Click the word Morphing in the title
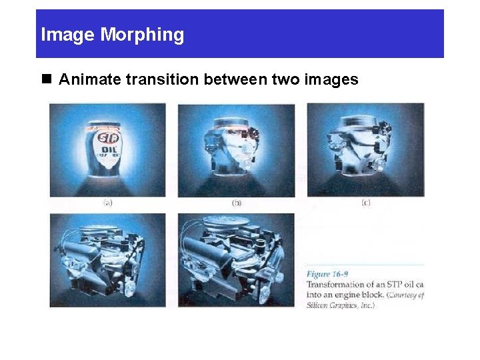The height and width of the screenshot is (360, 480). (142, 35)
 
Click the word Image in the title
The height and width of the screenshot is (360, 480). (69, 35)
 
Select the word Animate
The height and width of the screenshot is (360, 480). (88, 80)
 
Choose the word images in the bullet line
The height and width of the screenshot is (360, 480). (331, 80)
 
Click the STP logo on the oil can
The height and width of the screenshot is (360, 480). (106, 139)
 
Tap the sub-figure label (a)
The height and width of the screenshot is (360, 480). (107, 203)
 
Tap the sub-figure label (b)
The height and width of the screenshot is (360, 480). (236, 203)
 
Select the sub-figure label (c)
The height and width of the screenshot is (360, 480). (365, 203)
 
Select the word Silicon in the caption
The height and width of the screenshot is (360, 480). (319, 305)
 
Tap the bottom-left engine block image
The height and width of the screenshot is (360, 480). (107, 260)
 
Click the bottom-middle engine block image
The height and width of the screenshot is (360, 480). (236, 260)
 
